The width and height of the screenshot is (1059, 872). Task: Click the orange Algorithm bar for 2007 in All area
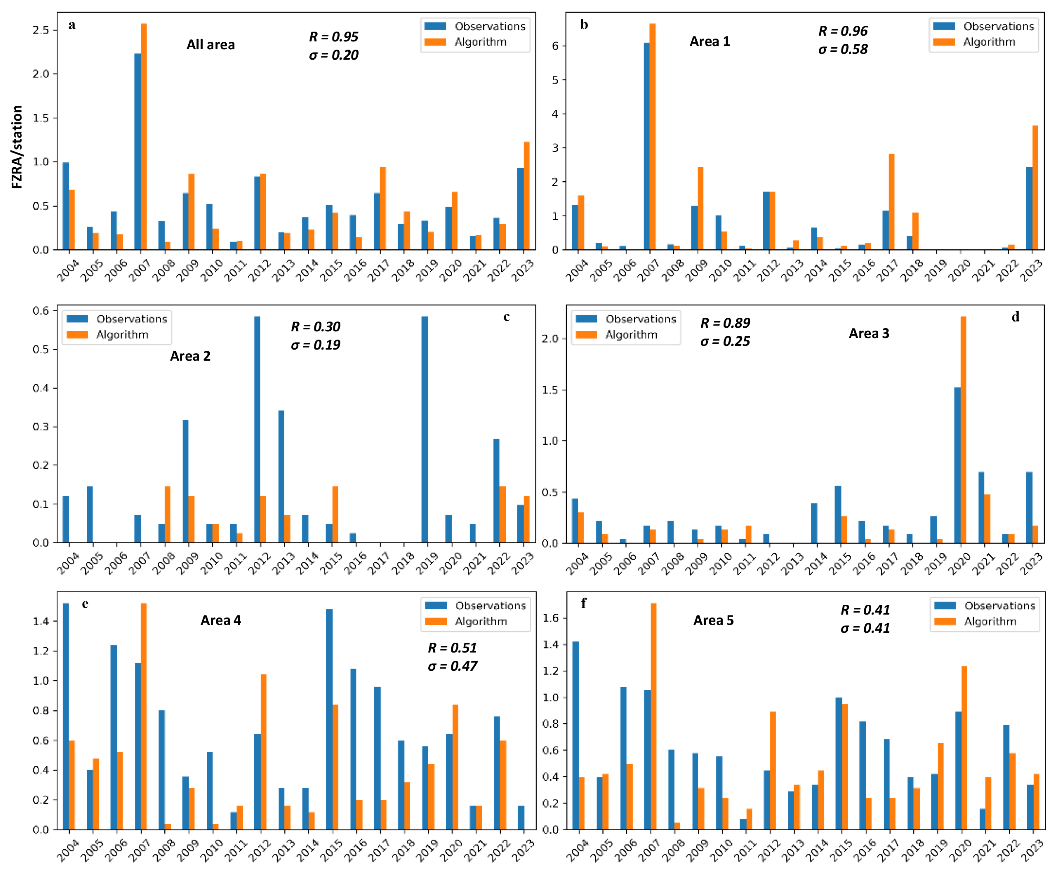(144, 137)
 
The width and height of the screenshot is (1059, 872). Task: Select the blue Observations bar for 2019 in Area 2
(425, 429)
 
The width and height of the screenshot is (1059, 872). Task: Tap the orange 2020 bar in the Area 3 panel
(963, 429)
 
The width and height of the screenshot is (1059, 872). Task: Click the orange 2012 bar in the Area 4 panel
(263, 752)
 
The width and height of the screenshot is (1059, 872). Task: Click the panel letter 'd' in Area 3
(1015, 317)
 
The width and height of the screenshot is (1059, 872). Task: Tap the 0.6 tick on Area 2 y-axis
(41, 311)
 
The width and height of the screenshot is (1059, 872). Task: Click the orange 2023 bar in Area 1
(1035, 187)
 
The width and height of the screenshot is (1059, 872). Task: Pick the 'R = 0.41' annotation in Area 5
(865, 610)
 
